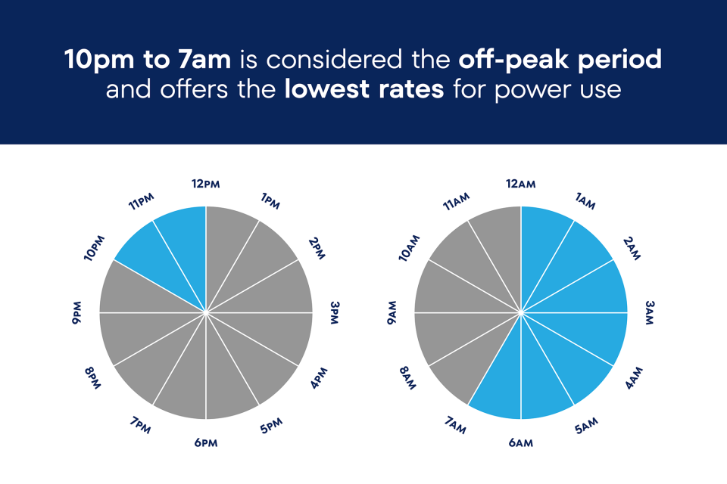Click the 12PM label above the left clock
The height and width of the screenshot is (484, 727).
(206, 185)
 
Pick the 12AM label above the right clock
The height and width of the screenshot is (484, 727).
(521, 185)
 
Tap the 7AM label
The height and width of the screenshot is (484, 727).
(456, 426)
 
